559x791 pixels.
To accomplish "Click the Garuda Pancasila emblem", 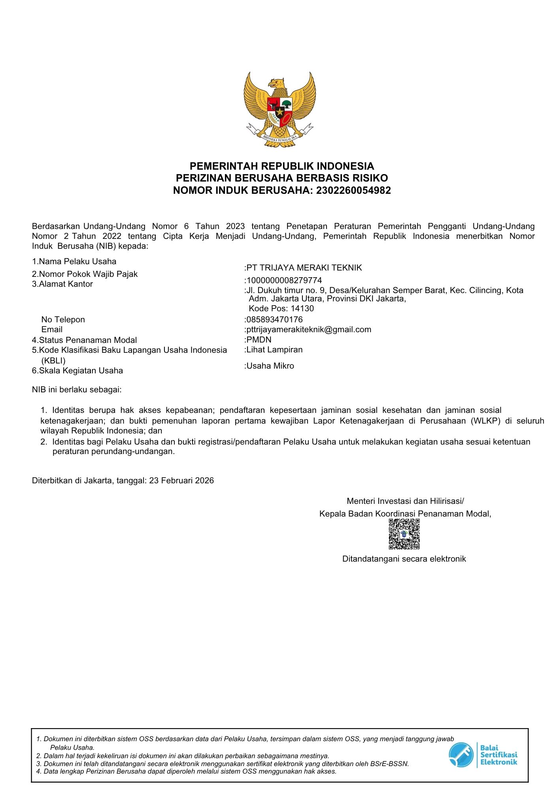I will tap(279, 109).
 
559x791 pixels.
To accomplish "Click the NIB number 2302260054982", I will tap(353, 190).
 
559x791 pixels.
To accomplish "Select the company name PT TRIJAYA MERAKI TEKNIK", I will tap(304, 268).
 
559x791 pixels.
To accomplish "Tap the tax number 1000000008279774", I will tap(284, 280).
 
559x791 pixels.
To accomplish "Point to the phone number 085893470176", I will tap(274, 319).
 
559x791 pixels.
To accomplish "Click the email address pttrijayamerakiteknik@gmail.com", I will tap(309, 329).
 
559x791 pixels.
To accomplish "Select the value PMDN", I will tap(259, 340).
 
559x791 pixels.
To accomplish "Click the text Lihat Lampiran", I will tap(274, 350).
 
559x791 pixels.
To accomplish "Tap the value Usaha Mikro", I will tap(270, 366).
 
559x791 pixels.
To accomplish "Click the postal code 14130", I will tap(302, 308).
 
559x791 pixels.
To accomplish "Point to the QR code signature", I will tap(404, 534).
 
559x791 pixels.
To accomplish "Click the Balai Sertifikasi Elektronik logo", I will tap(483, 755).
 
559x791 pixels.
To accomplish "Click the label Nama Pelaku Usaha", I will tap(77, 261).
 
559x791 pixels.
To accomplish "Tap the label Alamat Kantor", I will tap(66, 284).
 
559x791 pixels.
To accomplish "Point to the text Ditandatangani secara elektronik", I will tap(404, 559).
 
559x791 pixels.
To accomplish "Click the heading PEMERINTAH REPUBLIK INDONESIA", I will tap(282, 166).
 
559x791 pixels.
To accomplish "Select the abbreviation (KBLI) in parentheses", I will tap(53, 360).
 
